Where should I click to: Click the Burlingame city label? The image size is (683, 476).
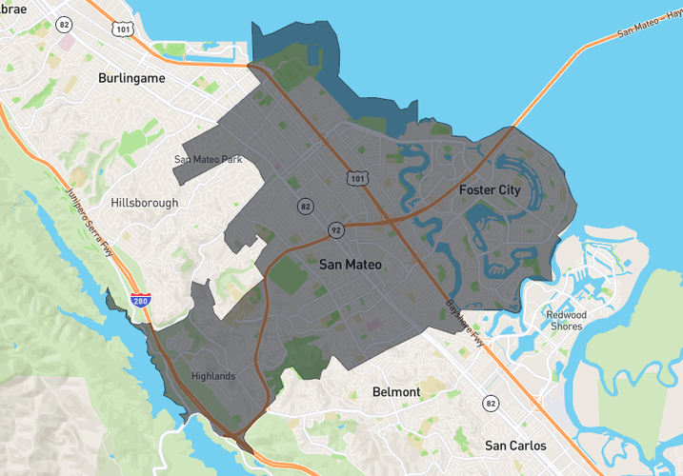131,78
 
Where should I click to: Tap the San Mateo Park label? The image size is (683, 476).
209,159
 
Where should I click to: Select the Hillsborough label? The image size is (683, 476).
144,203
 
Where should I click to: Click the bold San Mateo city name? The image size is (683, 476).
351,264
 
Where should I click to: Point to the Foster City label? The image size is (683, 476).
490,189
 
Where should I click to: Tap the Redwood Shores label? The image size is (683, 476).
567,320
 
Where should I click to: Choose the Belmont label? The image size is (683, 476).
396,391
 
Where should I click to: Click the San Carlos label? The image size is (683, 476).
515,445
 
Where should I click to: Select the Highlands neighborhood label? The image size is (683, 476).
212,376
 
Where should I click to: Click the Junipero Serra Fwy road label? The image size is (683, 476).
86,208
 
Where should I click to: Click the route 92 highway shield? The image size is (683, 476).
336,229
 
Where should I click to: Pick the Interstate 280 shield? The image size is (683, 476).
140,301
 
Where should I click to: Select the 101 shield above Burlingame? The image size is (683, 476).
122,29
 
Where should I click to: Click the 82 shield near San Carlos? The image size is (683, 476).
490,403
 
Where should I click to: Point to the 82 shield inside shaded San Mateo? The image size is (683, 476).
305,206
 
